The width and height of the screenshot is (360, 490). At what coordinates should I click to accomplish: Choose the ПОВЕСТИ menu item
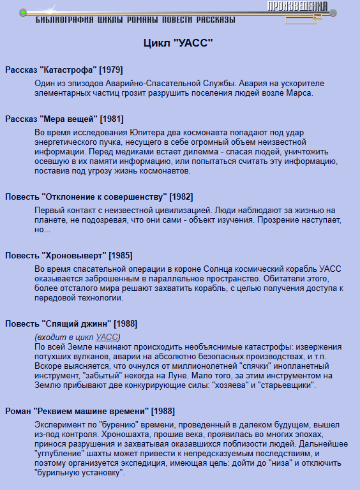pyautogui.click(x=179, y=20)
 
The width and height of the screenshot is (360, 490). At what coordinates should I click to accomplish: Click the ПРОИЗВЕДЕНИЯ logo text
pyautogui.click(x=297, y=7)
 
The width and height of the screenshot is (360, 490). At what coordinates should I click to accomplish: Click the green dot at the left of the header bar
pyautogui.click(x=22, y=12)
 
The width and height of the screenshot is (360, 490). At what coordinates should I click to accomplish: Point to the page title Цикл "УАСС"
pyautogui.click(x=178, y=43)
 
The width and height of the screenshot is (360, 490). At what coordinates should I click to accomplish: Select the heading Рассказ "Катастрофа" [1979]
pyautogui.click(x=64, y=69)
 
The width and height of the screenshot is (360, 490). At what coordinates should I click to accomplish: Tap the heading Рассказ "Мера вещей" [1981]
pyautogui.click(x=64, y=119)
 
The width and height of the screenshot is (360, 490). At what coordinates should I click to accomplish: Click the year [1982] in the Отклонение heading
pyautogui.click(x=181, y=197)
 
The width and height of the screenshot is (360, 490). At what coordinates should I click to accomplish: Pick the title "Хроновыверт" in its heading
pyautogui.click(x=74, y=255)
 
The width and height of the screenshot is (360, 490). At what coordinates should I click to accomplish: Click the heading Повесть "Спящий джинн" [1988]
pyautogui.click(x=71, y=323)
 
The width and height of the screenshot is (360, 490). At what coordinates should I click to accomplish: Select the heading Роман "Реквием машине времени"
pyautogui.click(x=89, y=411)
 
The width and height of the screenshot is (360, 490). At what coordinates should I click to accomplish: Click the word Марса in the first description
pyautogui.click(x=299, y=93)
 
